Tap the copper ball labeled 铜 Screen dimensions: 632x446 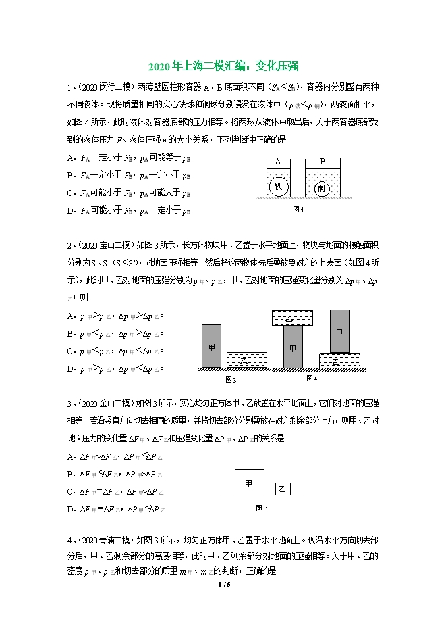(x=321, y=189)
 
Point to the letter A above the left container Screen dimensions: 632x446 (x=278, y=162)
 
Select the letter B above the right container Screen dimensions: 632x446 (x=322, y=162)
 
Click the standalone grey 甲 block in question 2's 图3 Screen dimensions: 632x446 (x=211, y=346)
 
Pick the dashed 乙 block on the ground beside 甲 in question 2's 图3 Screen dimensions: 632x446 (x=246, y=360)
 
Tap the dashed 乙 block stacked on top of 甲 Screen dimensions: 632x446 (x=291, y=318)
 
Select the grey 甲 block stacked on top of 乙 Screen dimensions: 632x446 (x=339, y=331)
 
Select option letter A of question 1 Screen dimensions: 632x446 (x=70, y=158)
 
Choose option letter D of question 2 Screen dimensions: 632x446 (x=70, y=369)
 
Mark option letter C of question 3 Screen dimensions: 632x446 (x=70, y=491)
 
